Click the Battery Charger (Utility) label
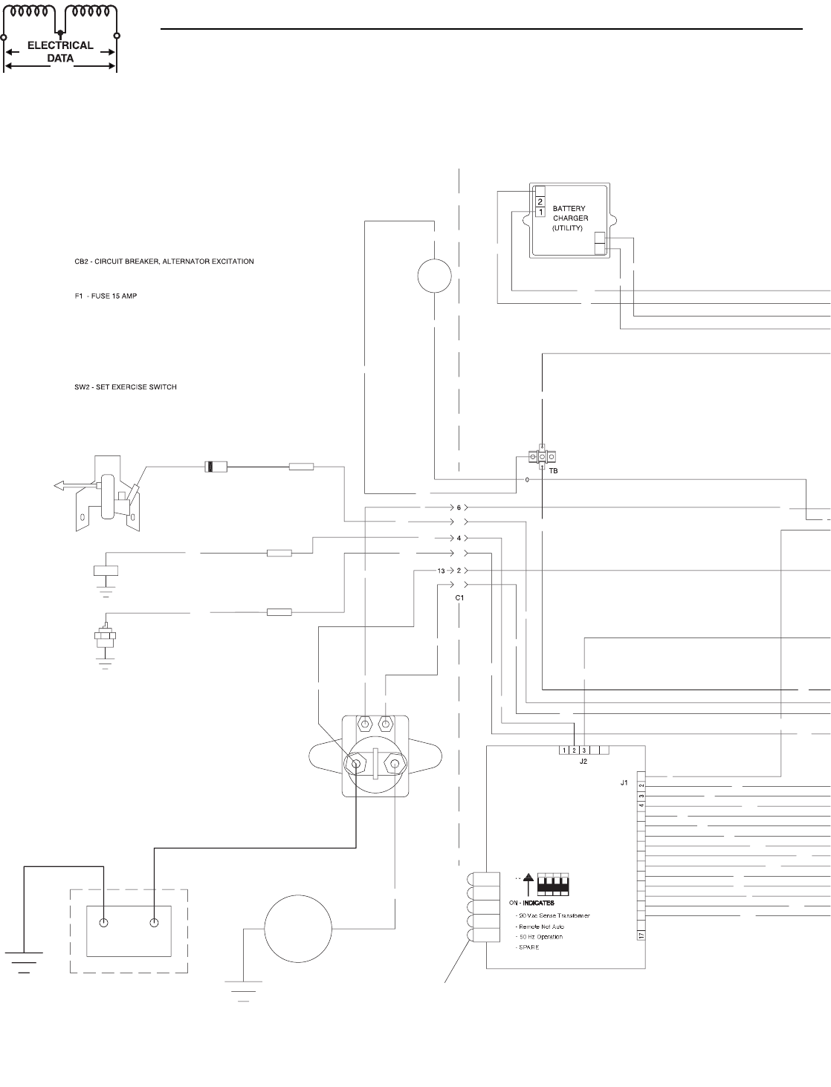click(570, 219)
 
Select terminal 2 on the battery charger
click(540, 201)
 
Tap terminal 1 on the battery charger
click(540, 212)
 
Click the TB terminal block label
click(552, 470)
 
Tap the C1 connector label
click(460, 597)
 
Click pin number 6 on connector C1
click(459, 507)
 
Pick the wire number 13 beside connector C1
click(442, 570)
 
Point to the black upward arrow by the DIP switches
click(528, 886)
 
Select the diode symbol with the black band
click(214, 467)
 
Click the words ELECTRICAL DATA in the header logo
click(60, 51)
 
